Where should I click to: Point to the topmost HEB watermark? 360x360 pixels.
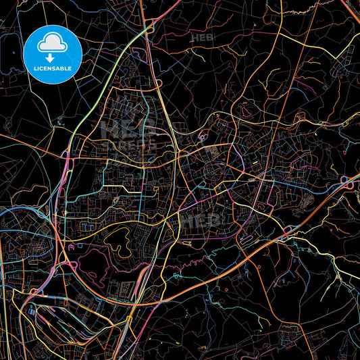tap(203, 38)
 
